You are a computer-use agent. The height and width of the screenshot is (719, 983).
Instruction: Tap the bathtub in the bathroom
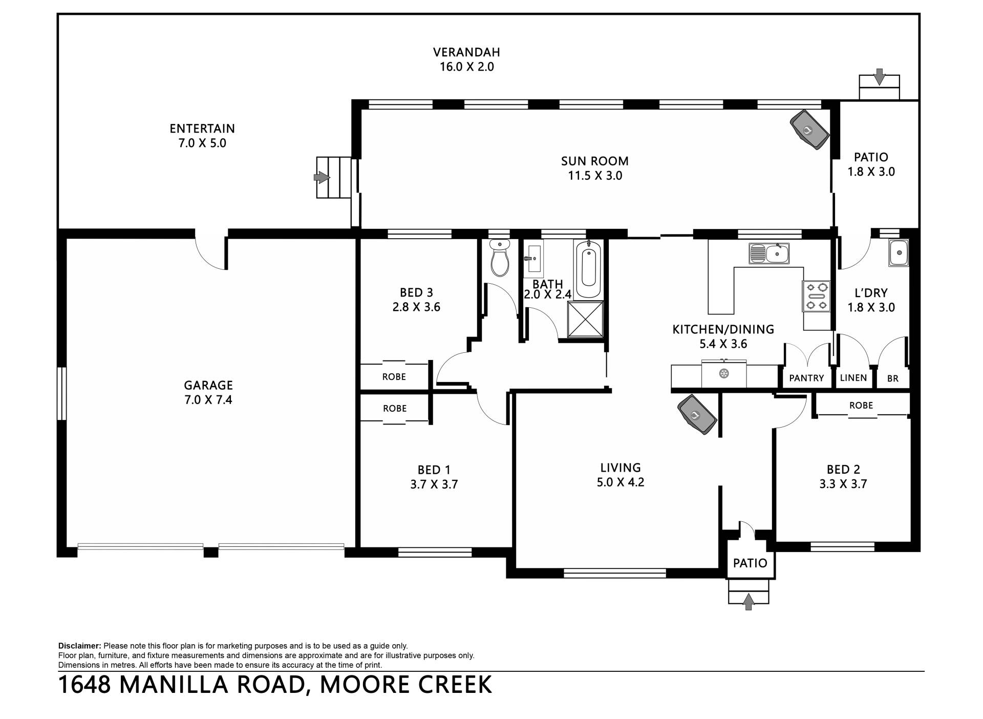pyautogui.click(x=588, y=269)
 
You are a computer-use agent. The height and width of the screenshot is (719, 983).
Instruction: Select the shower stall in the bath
pyautogui.click(x=585, y=319)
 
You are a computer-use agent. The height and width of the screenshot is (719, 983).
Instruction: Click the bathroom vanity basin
pyautogui.click(x=533, y=259)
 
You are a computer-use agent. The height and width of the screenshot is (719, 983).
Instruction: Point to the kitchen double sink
pyautogui.click(x=769, y=253)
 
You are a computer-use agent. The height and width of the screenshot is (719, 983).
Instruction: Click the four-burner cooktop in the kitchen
pyautogui.click(x=816, y=297)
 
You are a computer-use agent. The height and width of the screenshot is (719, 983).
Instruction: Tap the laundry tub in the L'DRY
pyautogui.click(x=899, y=252)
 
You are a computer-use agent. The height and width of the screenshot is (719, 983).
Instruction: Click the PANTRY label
pyautogui.click(x=806, y=378)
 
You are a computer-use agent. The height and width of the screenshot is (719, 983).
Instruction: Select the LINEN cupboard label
pyautogui.click(x=853, y=378)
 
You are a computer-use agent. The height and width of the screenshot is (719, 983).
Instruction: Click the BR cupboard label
pyautogui.click(x=893, y=379)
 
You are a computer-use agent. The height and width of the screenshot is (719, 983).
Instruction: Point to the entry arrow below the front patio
pyautogui.click(x=749, y=601)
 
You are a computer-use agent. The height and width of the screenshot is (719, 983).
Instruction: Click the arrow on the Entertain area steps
pyautogui.click(x=322, y=177)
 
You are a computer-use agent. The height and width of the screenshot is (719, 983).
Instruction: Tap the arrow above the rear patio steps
pyautogui.click(x=879, y=76)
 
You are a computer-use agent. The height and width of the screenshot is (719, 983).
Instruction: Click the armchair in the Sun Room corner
pyautogui.click(x=809, y=130)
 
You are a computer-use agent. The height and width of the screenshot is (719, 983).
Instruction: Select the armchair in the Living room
pyautogui.click(x=697, y=415)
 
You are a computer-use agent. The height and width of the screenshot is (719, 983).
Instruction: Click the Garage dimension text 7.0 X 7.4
pyautogui.click(x=208, y=400)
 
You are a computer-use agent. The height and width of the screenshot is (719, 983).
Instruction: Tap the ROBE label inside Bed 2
pyautogui.click(x=861, y=405)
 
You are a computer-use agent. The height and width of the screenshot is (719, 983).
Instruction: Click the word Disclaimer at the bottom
pyautogui.click(x=80, y=646)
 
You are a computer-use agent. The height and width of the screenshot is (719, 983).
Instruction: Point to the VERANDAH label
pyautogui.click(x=466, y=52)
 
